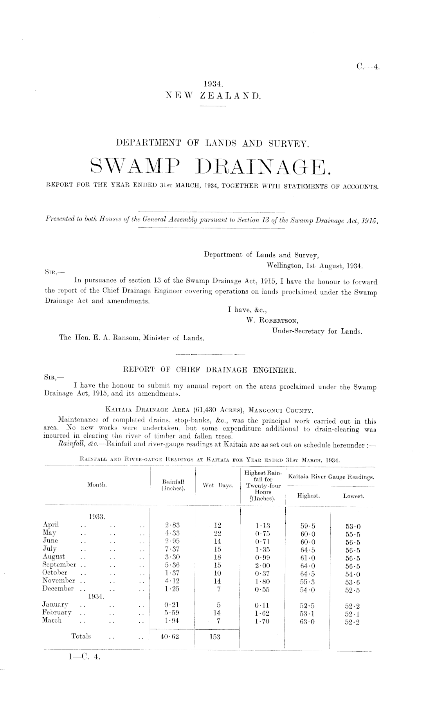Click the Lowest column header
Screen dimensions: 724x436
(353, 496)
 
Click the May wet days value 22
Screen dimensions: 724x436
(218, 533)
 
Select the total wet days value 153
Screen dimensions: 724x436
(215, 636)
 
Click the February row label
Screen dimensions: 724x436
(57, 613)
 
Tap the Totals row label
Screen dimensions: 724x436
(81, 636)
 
